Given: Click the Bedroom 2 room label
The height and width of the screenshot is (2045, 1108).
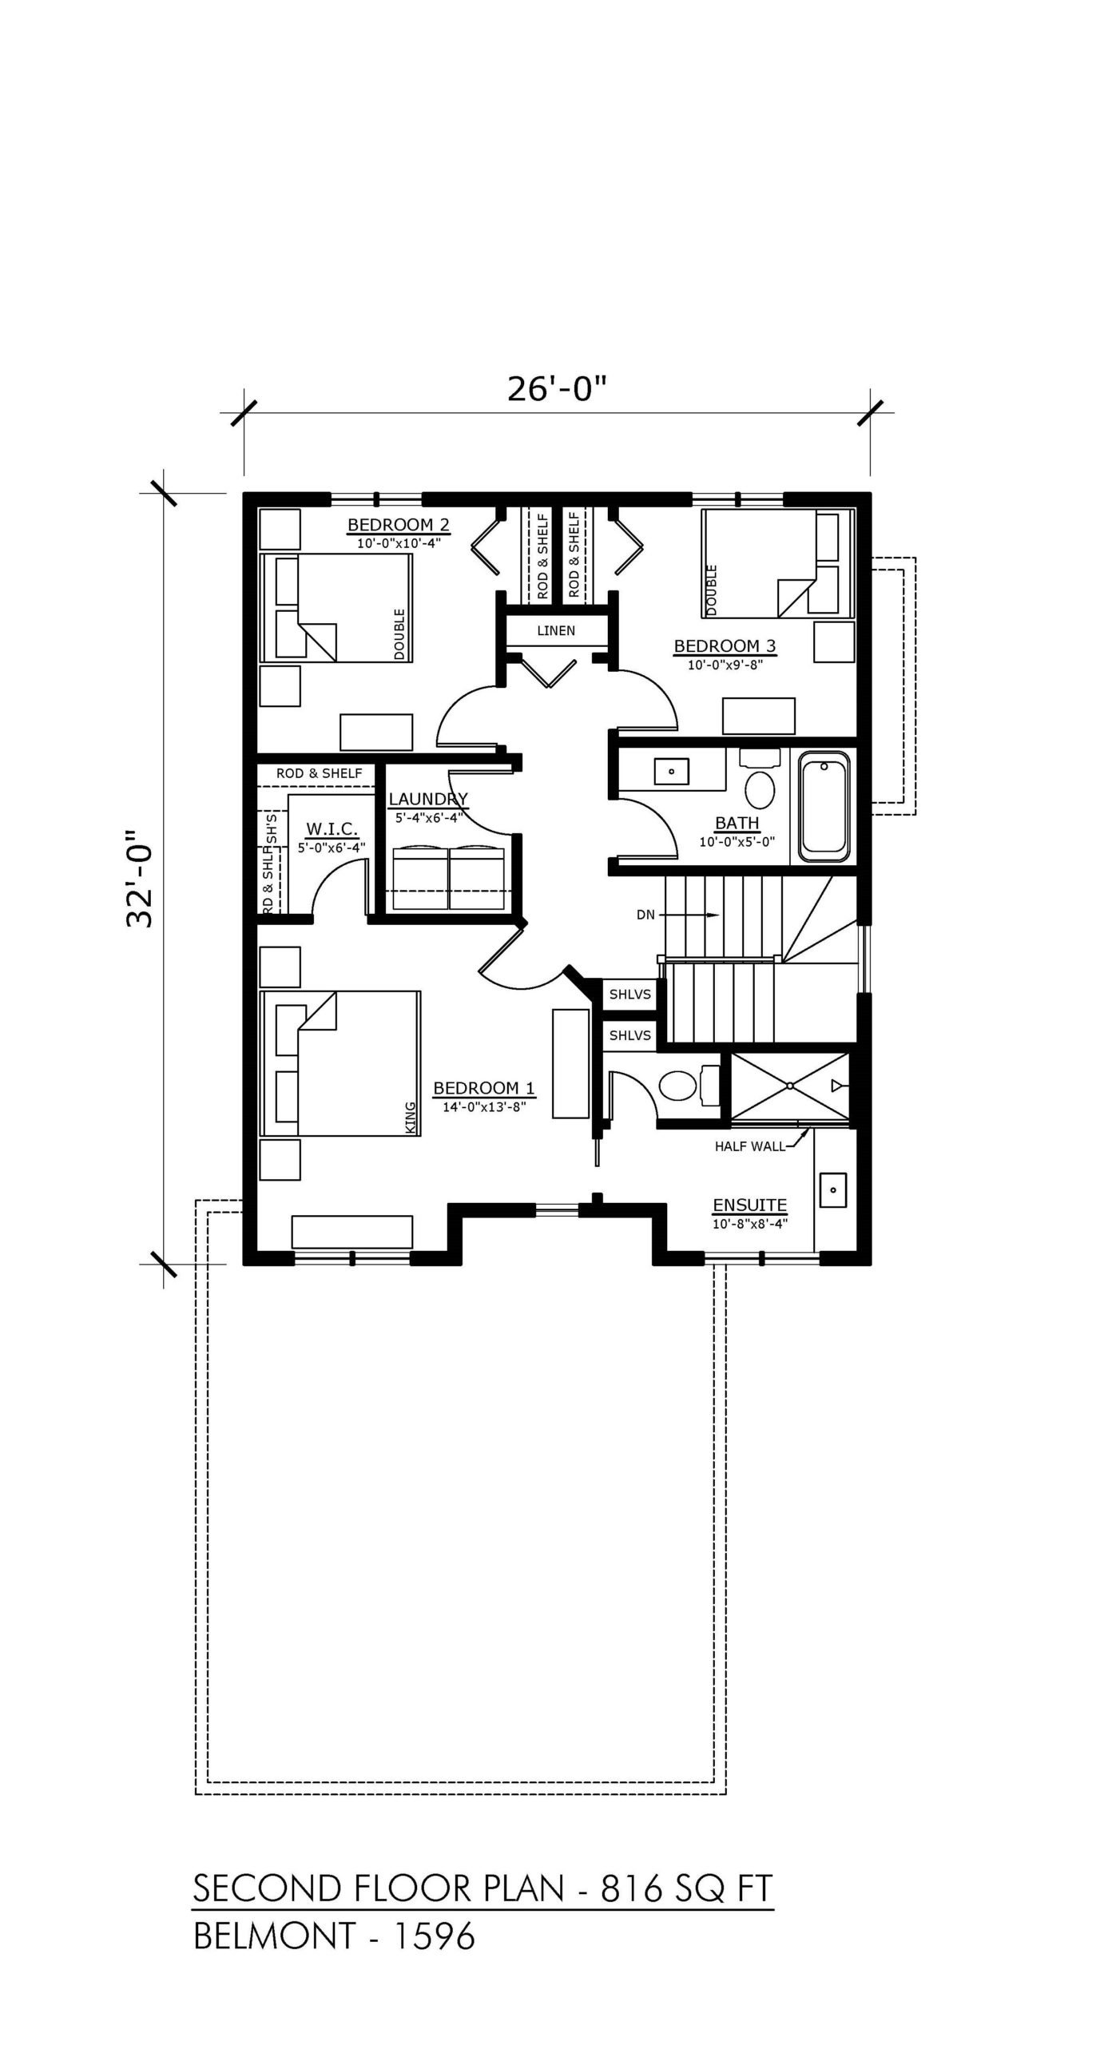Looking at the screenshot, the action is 398,525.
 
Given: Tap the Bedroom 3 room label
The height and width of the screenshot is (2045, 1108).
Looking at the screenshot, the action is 725,645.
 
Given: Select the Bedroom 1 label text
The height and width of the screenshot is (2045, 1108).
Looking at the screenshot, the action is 484,1088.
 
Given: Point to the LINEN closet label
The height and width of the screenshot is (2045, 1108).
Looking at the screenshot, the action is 556,630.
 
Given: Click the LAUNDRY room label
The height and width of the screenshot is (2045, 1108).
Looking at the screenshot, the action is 427,799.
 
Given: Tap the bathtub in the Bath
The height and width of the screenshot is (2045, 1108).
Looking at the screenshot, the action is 824,810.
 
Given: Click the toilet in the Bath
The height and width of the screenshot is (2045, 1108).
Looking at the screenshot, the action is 758,781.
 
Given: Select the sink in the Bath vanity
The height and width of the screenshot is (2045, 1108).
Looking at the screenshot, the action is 672,772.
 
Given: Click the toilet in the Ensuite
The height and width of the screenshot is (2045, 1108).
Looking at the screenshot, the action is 686,1084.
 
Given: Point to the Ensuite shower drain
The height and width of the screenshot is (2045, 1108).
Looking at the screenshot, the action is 789,1086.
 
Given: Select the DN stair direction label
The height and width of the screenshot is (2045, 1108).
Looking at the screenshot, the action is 645,915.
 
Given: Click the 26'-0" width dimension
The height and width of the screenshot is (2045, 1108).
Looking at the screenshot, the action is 558,389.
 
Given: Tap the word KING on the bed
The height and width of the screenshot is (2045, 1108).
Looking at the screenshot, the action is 411,1117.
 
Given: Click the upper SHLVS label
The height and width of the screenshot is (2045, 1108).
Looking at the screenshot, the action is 630,995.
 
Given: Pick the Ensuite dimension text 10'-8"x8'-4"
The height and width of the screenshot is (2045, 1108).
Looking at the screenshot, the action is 750,1223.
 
